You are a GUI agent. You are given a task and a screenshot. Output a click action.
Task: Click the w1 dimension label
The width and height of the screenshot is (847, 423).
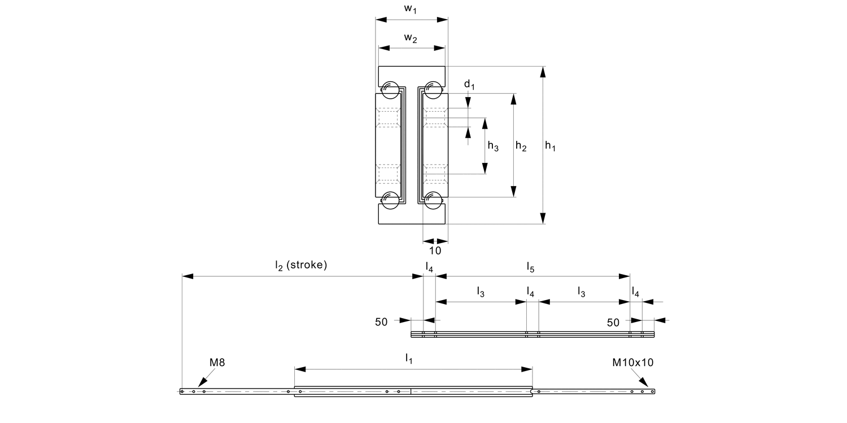pyautogui.click(x=411, y=10)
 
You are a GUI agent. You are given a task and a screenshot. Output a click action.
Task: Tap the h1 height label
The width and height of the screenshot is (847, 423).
pyautogui.click(x=550, y=146)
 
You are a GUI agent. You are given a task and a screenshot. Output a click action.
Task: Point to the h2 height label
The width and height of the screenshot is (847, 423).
pyautogui.click(x=521, y=147)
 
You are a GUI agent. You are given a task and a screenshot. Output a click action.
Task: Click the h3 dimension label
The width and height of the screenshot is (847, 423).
pyautogui.click(x=493, y=147)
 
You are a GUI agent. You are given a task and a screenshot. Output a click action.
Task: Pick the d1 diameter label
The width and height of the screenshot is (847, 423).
pyautogui.click(x=469, y=85)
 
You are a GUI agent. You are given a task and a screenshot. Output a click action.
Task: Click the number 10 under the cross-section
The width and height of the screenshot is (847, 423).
pyautogui.click(x=435, y=250)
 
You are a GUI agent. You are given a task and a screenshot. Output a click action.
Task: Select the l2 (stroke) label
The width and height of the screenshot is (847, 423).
pyautogui.click(x=301, y=265)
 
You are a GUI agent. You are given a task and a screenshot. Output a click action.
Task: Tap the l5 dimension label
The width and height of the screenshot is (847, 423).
pyautogui.click(x=531, y=266)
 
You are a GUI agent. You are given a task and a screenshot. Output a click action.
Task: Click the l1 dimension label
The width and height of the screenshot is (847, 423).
pyautogui.click(x=409, y=358)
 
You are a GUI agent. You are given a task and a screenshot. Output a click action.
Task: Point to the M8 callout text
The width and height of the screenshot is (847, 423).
pyautogui.click(x=217, y=363)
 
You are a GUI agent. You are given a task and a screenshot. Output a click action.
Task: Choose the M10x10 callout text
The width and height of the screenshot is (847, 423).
pyautogui.click(x=633, y=363)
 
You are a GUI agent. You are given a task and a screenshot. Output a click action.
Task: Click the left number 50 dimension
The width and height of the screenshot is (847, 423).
pyautogui.click(x=381, y=322)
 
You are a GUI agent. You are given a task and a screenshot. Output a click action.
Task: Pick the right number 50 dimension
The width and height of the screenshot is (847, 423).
pyautogui.click(x=613, y=322)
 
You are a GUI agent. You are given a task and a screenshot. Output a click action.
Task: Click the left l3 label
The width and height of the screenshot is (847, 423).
pyautogui.click(x=481, y=292)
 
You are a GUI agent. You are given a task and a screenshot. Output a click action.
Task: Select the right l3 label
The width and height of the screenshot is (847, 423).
pyautogui.click(x=581, y=292)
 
